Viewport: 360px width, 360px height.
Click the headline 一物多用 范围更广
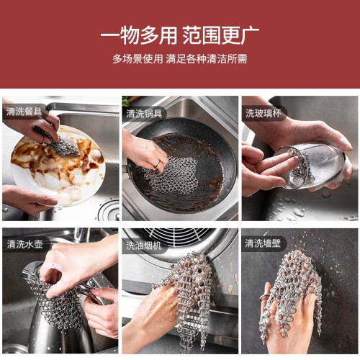(x=180, y=35)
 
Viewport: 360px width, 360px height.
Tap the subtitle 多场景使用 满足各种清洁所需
(x=180, y=59)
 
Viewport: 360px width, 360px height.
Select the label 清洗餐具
(x=24, y=112)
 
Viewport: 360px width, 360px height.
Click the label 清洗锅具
(x=144, y=114)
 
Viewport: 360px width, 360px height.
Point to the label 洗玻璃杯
(x=263, y=113)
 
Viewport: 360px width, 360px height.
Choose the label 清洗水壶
(x=24, y=244)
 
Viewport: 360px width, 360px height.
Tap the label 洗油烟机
(x=144, y=246)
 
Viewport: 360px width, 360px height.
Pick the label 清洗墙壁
(x=263, y=243)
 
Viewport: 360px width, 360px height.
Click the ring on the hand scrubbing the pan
(x=158, y=164)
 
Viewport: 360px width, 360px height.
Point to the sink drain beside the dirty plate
(x=109, y=210)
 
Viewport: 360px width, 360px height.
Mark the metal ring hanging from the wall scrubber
(x=264, y=298)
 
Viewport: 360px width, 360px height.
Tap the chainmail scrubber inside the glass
(x=301, y=166)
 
